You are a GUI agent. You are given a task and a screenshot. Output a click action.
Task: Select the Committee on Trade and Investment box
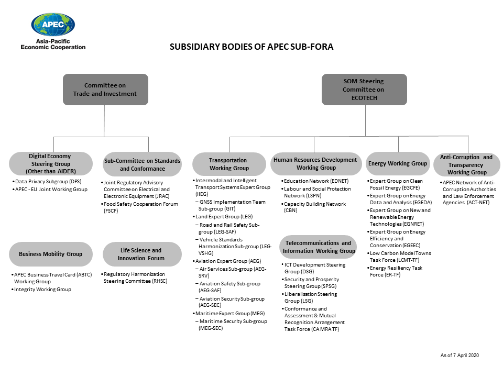coord(105,90)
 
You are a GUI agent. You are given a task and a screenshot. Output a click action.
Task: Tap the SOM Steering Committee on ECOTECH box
coord(364,90)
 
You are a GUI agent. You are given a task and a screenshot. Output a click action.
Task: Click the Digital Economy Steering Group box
coord(50,164)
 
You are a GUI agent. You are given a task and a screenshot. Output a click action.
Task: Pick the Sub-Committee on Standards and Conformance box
coord(142,164)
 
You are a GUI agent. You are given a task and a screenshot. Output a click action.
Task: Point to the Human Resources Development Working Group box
coord(315,163)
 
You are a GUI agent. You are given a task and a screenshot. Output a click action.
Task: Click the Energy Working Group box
coord(398,163)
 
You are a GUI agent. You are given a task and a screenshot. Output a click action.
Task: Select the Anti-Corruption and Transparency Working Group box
coord(466,164)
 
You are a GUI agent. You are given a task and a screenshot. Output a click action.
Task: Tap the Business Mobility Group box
coord(50,254)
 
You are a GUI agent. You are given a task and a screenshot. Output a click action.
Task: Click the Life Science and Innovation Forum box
coord(141,254)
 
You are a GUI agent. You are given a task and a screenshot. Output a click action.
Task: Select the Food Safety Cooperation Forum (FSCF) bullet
coord(140,207)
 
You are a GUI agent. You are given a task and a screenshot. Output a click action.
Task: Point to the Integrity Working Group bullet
coord(42,289)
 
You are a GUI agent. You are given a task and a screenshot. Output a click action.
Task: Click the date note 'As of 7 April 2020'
coord(459,356)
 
